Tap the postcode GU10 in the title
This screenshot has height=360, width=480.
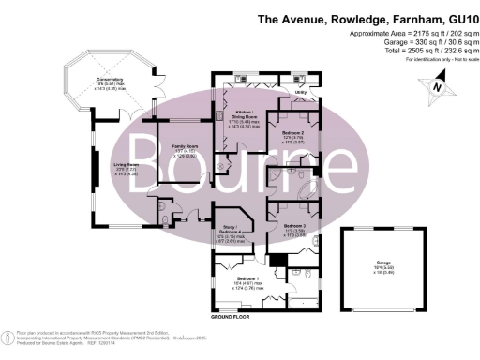pyautogui.click(x=459, y=19)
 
